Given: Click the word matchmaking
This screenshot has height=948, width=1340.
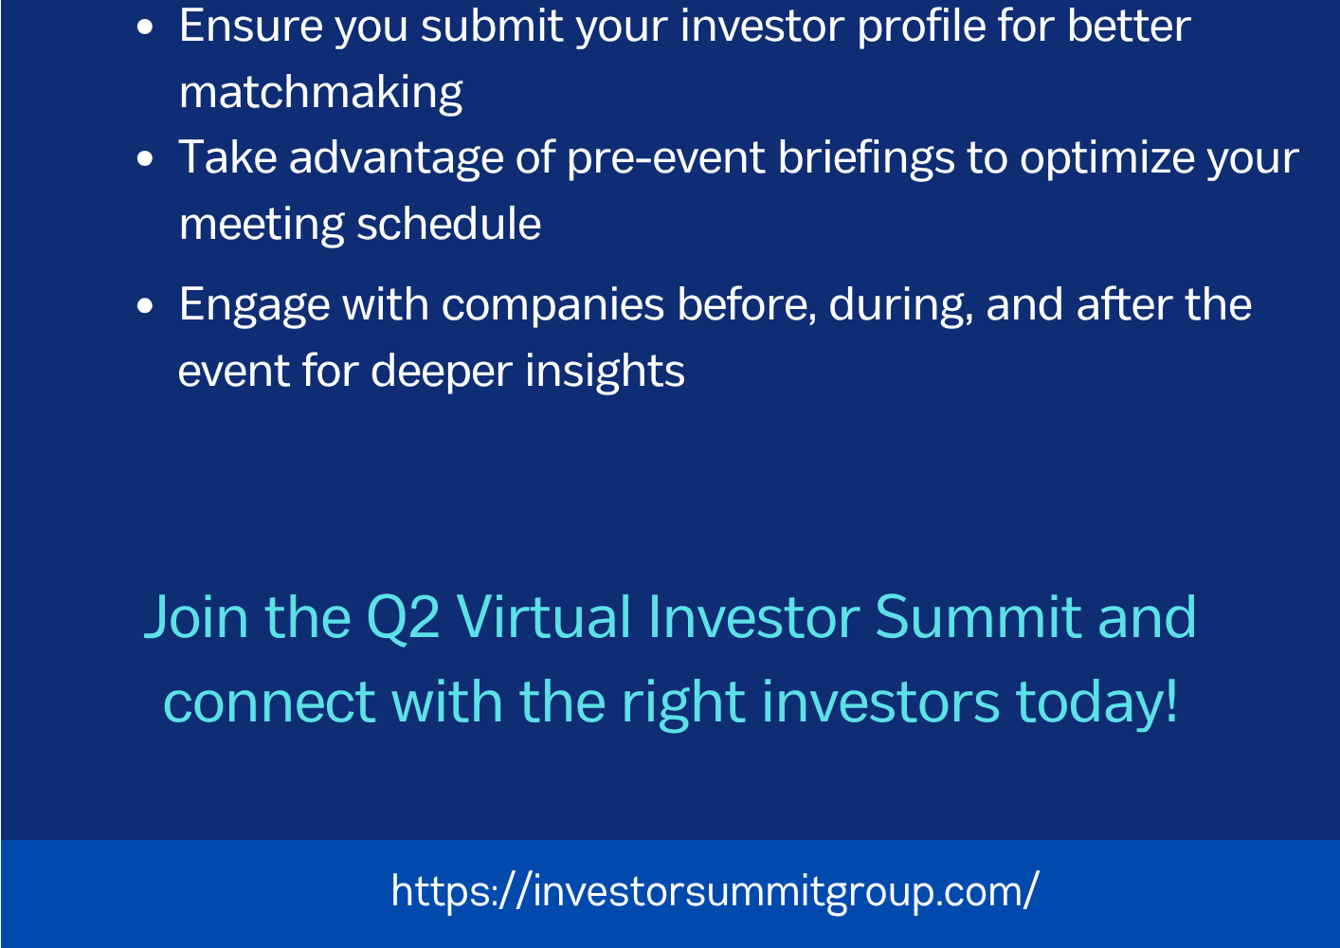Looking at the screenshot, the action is tap(320, 93).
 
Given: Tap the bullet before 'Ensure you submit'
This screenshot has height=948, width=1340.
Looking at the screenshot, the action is tap(145, 27).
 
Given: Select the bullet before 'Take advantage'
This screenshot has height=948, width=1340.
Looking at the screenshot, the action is tap(145, 158).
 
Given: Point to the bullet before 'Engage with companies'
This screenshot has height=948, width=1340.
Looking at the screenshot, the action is tap(145, 306).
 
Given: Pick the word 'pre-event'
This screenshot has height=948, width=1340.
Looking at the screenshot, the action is tap(666, 158).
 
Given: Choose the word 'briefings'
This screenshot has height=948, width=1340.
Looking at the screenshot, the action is tap(866, 158).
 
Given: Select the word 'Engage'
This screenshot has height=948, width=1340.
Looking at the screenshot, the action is tap(254, 306).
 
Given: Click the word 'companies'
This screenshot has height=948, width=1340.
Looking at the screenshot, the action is tap(552, 306).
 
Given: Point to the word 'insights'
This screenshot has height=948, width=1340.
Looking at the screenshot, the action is tap(605, 372).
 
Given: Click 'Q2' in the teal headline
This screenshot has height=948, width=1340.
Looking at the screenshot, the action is tap(403, 618).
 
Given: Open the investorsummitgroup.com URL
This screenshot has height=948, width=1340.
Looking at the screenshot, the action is tap(715, 892).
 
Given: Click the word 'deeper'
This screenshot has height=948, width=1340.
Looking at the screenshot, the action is tap(442, 372).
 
